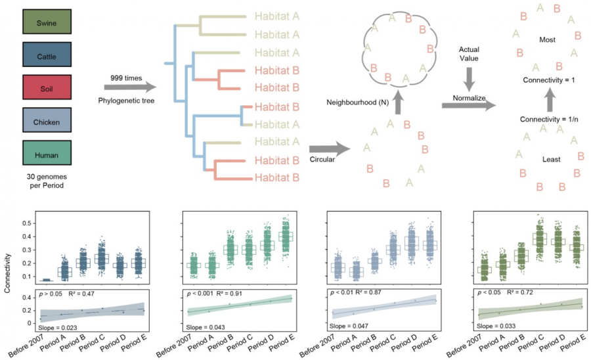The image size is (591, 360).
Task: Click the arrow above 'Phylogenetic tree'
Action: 130,87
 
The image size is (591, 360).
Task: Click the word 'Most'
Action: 547,40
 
